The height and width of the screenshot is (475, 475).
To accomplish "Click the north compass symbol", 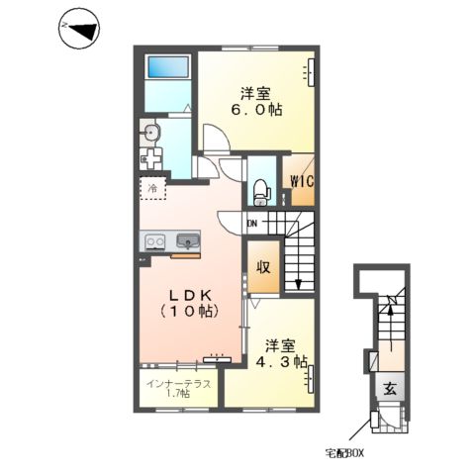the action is pyautogui.click(x=79, y=29).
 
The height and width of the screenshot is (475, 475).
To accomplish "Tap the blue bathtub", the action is pyautogui.click(x=168, y=68).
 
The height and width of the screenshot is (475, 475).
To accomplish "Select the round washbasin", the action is pyautogui.click(x=150, y=133).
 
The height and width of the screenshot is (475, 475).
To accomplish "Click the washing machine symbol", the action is pyautogui.click(x=150, y=159).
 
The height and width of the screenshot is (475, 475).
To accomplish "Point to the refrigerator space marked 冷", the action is pyautogui.click(x=152, y=188).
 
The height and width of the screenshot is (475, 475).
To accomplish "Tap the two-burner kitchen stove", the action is pyautogui.click(x=155, y=241).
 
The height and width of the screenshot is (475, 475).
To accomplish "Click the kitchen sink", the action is pyautogui.click(x=188, y=240).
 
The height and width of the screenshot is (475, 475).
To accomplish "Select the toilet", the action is pyautogui.click(x=262, y=191).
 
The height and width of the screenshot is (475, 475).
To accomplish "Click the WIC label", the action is pyautogui.click(x=302, y=181).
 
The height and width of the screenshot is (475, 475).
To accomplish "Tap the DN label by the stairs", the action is pyautogui.click(x=252, y=224).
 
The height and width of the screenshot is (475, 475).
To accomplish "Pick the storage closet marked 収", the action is pyautogui.click(x=263, y=267).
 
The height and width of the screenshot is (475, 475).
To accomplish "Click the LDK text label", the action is pyautogui.click(x=190, y=295).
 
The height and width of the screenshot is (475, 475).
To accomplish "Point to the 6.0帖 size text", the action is pyautogui.click(x=256, y=110).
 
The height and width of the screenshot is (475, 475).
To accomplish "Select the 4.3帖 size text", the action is pyautogui.click(x=282, y=362).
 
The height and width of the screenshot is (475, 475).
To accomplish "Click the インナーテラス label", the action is pyautogui.click(x=178, y=384).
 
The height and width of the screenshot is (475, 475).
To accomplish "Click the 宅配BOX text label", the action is pyautogui.click(x=344, y=453).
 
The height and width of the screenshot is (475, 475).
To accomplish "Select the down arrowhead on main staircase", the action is pyautogui.click(x=299, y=284).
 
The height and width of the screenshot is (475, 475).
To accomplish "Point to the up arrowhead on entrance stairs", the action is pyautogui.click(x=391, y=309).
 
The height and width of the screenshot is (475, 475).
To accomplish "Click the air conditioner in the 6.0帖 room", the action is pyautogui.click(x=311, y=72).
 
